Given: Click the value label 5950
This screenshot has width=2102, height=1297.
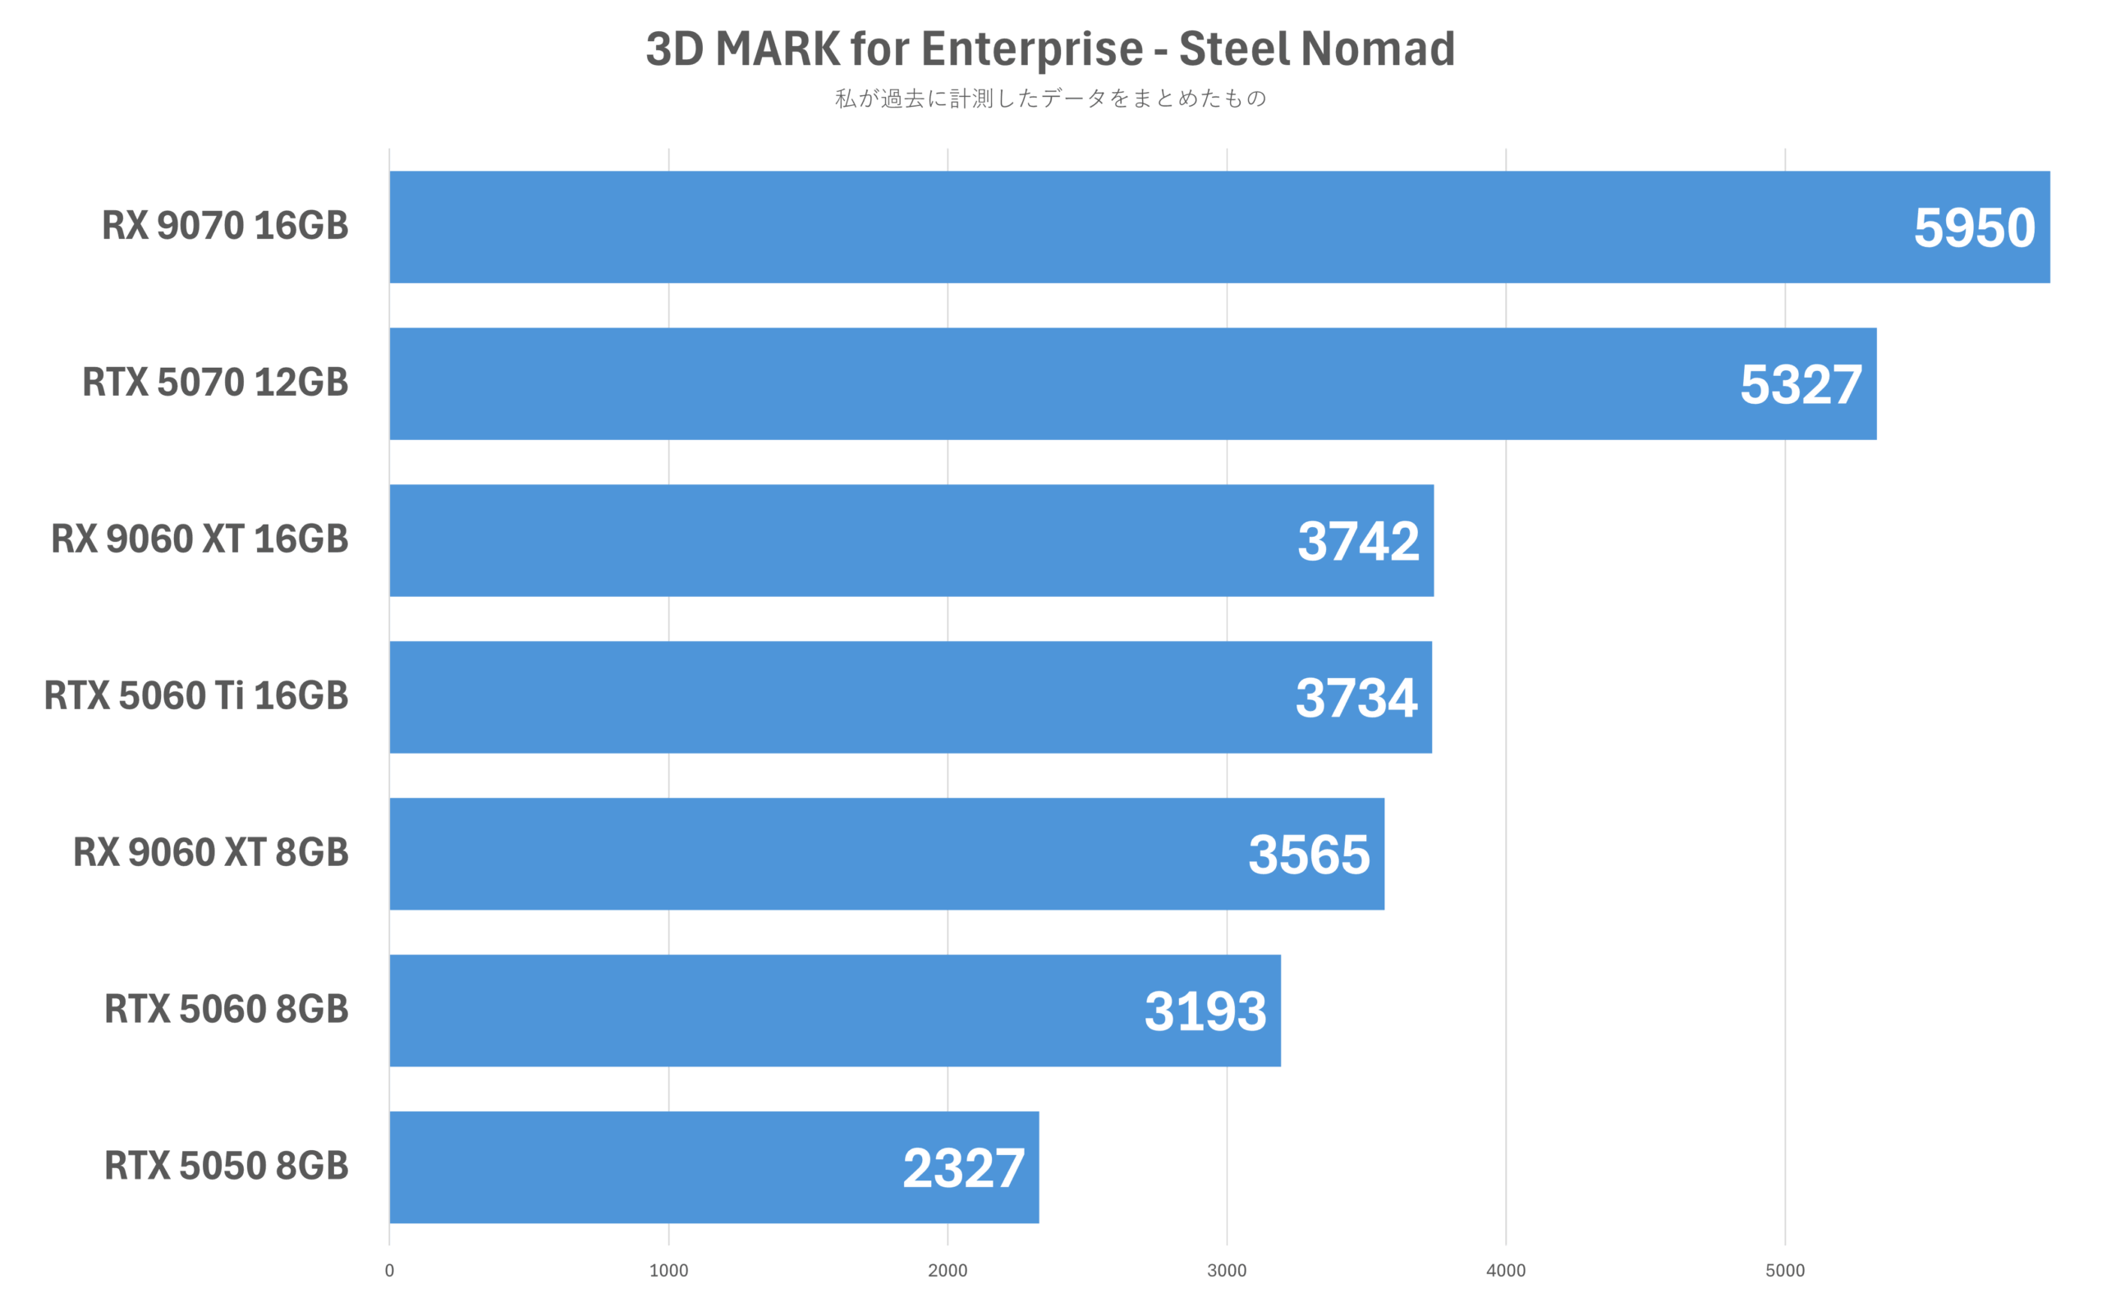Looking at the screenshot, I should click(x=1973, y=228).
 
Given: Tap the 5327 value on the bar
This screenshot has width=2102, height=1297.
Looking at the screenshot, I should click(x=1800, y=385).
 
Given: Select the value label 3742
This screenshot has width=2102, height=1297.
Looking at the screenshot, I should click(x=1357, y=541).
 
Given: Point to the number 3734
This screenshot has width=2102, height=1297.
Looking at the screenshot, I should click(x=1356, y=699).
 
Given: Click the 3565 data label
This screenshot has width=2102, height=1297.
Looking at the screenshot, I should click(x=1308, y=855).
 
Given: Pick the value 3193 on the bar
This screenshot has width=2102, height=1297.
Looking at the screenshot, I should click(x=1205, y=1011).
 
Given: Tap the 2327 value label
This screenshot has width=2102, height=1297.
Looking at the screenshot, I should click(x=962, y=1168).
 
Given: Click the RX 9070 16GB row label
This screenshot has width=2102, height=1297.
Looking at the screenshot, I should click(x=225, y=227).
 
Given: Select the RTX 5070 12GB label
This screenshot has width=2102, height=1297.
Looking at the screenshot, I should click(x=214, y=383).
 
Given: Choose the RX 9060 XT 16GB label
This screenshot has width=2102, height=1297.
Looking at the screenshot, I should click(x=199, y=539).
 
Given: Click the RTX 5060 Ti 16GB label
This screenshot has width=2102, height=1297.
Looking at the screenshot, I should click(x=195, y=695).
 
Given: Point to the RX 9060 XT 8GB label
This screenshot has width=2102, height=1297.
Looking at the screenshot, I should click(x=210, y=853).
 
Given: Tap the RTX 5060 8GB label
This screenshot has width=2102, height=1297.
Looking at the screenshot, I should click(x=226, y=1010).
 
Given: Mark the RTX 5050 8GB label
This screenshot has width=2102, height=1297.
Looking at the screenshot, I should click(x=226, y=1166).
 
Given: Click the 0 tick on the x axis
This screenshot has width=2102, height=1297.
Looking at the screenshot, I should click(x=389, y=1271).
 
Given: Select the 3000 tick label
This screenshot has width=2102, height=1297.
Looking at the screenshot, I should click(x=1226, y=1271).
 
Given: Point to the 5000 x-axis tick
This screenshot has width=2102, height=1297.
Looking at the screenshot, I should click(x=1784, y=1271).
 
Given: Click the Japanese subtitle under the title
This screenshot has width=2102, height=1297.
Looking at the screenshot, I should click(x=1050, y=99).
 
